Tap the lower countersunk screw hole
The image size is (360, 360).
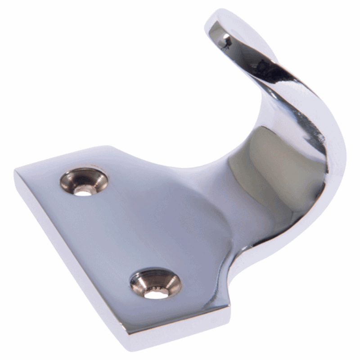coord(156,283)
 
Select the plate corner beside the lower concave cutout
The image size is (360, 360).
coord(229,310)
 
